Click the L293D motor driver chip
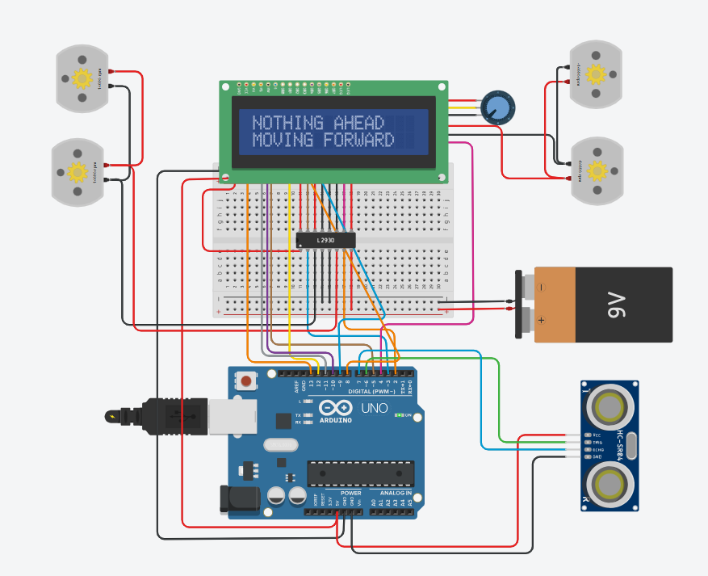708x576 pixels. (326, 240)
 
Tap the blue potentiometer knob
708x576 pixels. (497, 107)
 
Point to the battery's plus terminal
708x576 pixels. (540, 319)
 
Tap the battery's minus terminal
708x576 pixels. (540, 286)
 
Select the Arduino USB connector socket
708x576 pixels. (232, 416)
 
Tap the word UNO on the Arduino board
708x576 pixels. (374, 407)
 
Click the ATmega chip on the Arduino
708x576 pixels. (360, 474)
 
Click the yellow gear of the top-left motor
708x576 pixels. (82, 78)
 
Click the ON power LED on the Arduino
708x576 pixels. (400, 415)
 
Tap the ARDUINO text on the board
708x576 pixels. (335, 420)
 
